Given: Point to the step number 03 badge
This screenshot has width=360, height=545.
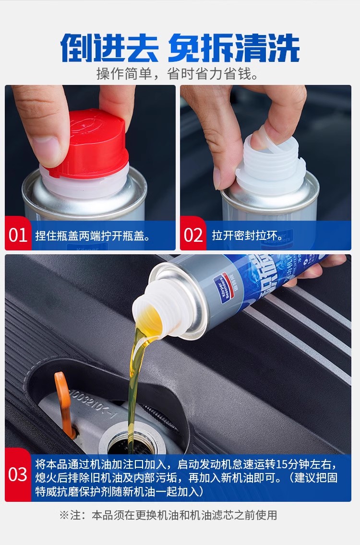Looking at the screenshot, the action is click(18, 474).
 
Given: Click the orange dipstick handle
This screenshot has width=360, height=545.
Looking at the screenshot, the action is click(65, 403).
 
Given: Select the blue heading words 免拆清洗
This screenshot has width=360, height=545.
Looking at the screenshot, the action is click(234, 48).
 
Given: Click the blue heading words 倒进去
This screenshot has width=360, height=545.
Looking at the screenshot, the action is click(109, 48).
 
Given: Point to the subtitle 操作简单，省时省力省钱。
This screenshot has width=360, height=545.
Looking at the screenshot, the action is click(178, 74).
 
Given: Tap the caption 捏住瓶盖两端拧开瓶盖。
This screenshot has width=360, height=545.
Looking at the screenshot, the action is click(93, 236).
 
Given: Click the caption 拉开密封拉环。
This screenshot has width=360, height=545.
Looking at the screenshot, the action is click(248, 236).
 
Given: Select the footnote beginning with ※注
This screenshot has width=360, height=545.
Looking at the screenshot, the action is click(168, 515).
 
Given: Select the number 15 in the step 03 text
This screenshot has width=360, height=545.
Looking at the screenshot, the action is click(280, 464).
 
